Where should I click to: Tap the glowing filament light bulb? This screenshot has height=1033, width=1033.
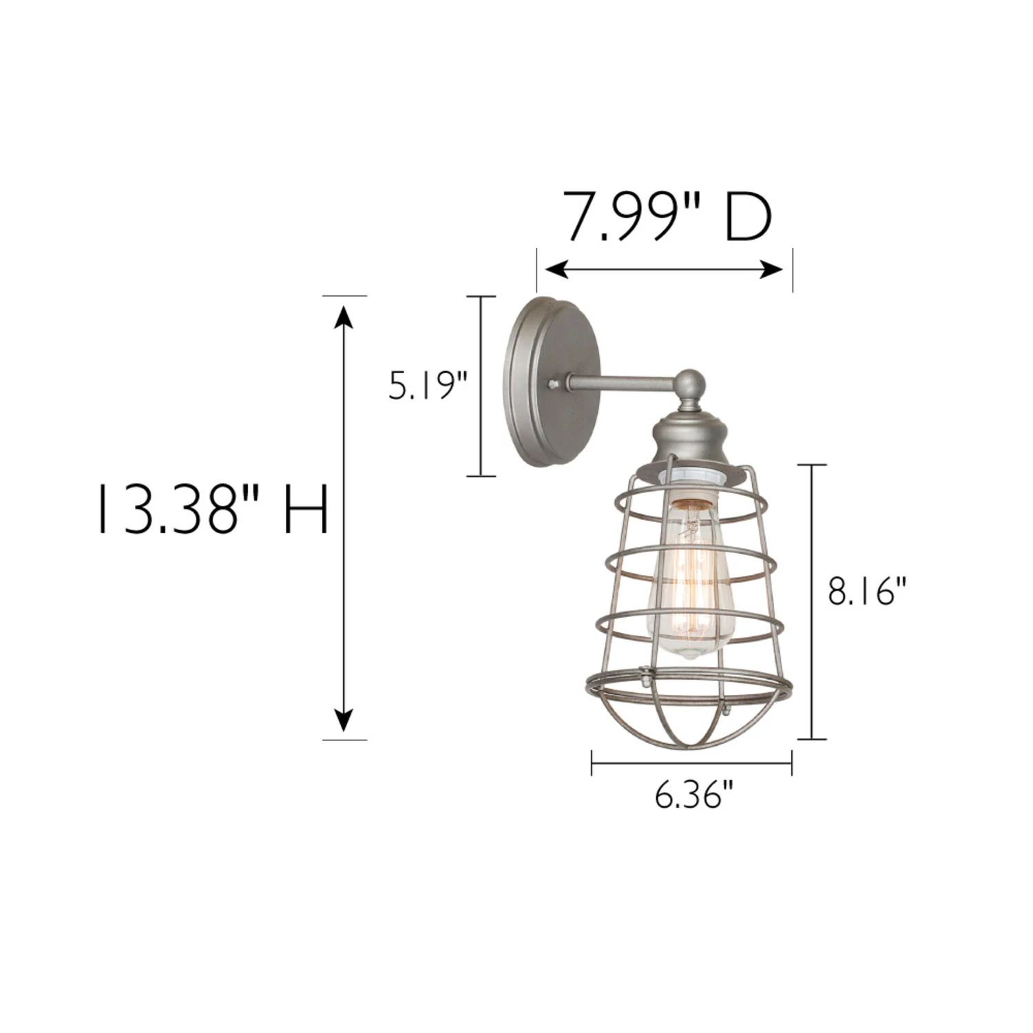691,585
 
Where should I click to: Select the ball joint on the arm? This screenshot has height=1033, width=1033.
689,384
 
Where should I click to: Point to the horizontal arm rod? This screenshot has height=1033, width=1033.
620,382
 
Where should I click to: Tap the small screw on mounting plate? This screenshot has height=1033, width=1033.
553,383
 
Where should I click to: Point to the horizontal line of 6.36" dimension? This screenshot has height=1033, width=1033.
691,763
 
